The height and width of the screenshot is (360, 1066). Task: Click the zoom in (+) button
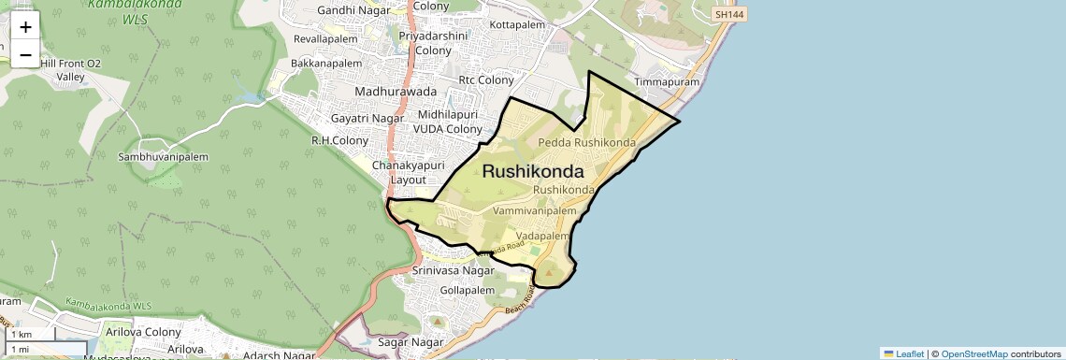(25, 27)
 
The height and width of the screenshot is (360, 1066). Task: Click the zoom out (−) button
(25, 54)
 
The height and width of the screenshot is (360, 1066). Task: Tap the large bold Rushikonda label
(533, 172)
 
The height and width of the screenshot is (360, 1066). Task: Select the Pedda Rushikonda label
(586, 143)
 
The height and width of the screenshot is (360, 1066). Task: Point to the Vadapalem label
(542, 237)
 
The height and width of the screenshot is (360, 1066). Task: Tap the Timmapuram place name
(667, 82)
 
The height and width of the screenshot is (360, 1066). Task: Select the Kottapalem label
(517, 23)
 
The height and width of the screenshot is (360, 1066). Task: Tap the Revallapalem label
(325, 39)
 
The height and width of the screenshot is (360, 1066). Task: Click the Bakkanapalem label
(325, 64)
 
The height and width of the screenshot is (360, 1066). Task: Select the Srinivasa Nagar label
(454, 271)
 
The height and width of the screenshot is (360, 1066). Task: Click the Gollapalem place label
(467, 291)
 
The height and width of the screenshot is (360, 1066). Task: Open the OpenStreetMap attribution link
(973, 353)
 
